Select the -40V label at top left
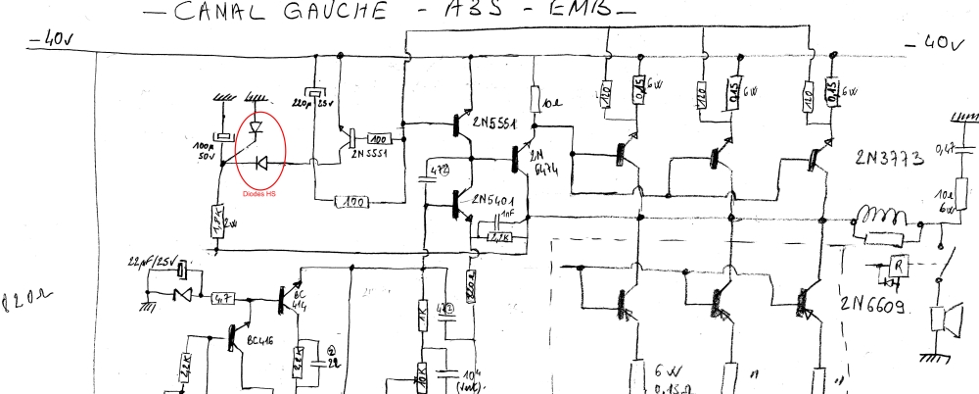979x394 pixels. pyautogui.click(x=55, y=40)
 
